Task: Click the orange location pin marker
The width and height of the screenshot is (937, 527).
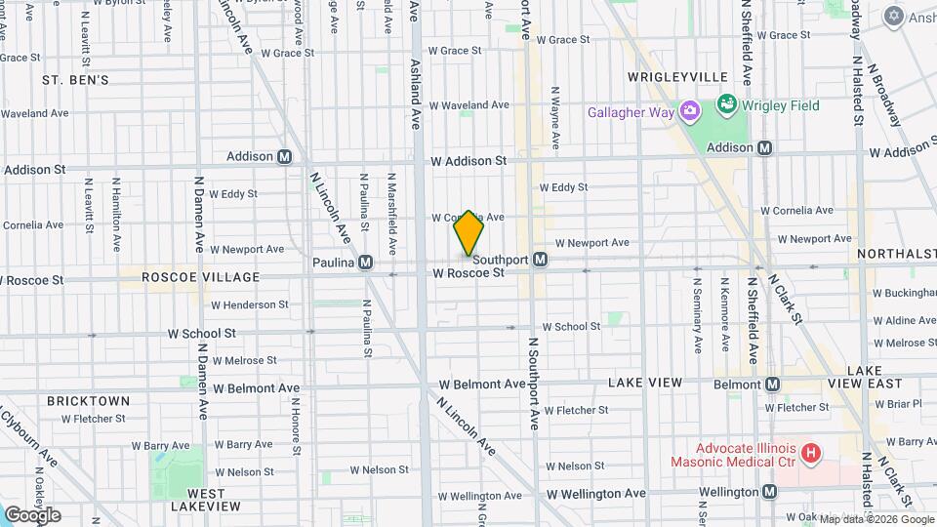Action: point(469,233)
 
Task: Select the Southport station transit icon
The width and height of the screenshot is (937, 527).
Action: point(540,260)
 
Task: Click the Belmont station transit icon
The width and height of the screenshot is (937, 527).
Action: point(773,385)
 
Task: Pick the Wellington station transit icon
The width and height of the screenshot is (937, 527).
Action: point(770,492)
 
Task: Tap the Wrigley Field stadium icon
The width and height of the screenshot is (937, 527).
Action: point(726,103)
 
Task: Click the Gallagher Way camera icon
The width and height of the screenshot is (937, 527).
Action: point(690,112)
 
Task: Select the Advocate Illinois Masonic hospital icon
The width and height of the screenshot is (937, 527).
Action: point(810,452)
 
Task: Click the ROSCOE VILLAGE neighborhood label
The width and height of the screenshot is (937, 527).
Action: point(201,277)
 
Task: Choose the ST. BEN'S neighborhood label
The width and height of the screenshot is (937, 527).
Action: point(75,79)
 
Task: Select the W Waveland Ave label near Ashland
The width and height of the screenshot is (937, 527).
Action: point(469,104)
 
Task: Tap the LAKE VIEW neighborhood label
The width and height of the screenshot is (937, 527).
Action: point(645,384)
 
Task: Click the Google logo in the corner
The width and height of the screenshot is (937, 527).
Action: point(32,514)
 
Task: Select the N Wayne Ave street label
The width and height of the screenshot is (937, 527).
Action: point(554,118)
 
